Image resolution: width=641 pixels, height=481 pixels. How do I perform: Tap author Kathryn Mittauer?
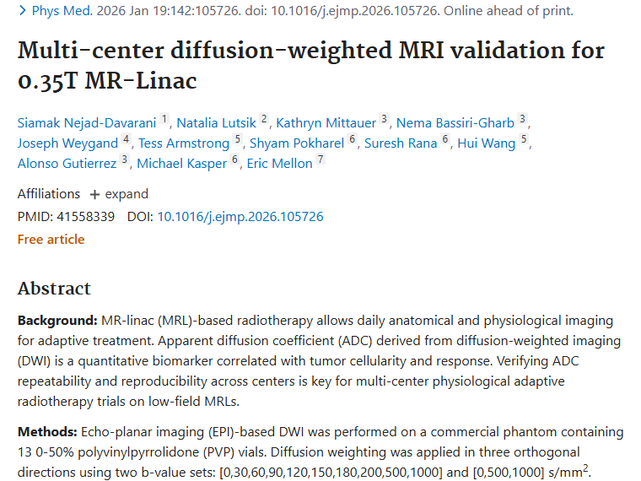(x=326, y=122)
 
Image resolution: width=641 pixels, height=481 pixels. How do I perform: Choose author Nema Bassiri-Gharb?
(x=455, y=122)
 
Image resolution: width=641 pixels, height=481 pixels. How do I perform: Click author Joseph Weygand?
(x=67, y=143)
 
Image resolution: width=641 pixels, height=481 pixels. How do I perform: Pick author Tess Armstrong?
(x=185, y=143)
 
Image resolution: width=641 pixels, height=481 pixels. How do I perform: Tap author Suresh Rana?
(x=401, y=143)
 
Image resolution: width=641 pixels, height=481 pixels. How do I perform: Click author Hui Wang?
(x=486, y=143)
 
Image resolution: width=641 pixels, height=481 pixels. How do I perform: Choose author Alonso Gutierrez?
(x=67, y=163)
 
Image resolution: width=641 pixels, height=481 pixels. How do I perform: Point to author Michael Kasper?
(x=181, y=163)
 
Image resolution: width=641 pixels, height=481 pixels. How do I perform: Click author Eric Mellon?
(x=279, y=163)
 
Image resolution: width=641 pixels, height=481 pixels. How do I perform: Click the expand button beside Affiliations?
(x=119, y=194)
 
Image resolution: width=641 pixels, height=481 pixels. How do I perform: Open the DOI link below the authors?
(x=240, y=217)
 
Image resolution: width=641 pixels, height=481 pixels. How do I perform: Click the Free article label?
(x=51, y=240)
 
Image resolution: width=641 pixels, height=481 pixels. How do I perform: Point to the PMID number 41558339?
(x=86, y=217)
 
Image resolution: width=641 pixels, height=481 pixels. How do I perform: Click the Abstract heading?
(x=54, y=289)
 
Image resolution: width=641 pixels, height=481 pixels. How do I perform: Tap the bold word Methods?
(x=45, y=432)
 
